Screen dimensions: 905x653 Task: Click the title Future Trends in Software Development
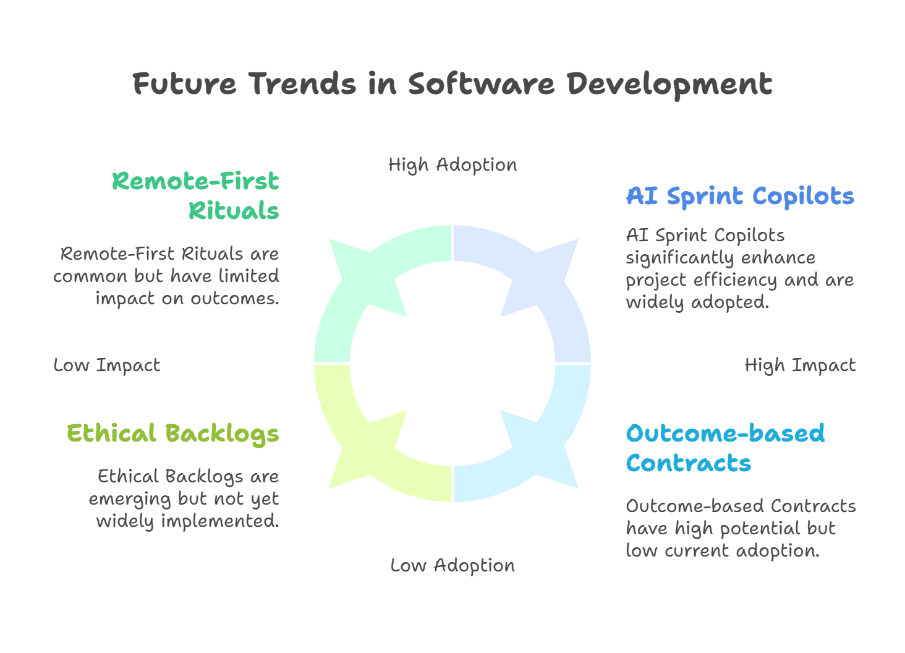pyautogui.click(x=452, y=84)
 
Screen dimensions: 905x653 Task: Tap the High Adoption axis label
pyautogui.click(x=453, y=165)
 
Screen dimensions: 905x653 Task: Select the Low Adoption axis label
pyautogui.click(x=453, y=565)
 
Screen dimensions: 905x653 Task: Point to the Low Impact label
pyautogui.click(x=107, y=365)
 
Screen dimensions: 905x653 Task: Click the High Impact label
pyautogui.click(x=800, y=365)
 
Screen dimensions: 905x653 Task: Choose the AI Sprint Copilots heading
pyautogui.click(x=740, y=197)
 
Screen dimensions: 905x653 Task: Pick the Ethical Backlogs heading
pyautogui.click(x=173, y=434)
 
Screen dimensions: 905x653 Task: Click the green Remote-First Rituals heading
pyautogui.click(x=195, y=195)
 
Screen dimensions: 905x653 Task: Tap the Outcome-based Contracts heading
pyautogui.click(x=725, y=448)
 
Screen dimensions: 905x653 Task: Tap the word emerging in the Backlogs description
pyautogui.click(x=130, y=500)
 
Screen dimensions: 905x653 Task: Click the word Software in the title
pyautogui.click(x=481, y=84)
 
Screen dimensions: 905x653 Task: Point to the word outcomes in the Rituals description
pyautogui.click(x=234, y=299)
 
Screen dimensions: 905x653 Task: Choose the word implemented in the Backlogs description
pyautogui.click(x=220, y=521)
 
